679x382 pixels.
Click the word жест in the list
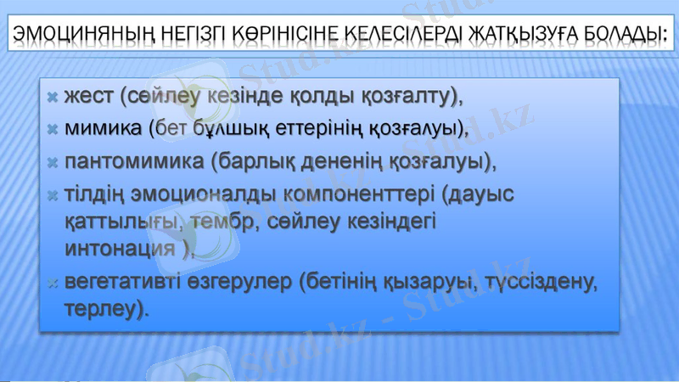tap(88, 97)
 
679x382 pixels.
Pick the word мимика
tap(103, 129)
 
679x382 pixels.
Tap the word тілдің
tap(95, 194)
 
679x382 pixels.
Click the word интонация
tap(121, 249)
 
